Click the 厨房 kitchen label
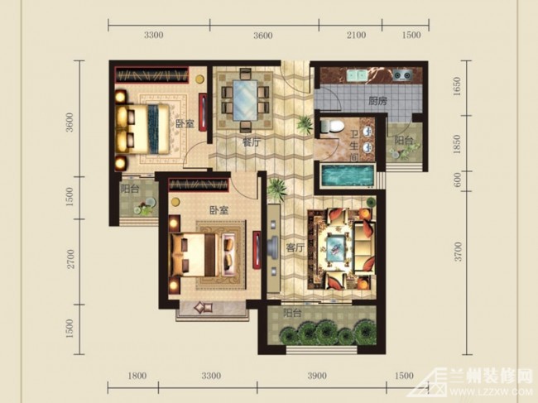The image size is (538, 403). (x=378, y=101)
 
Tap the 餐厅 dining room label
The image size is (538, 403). (x=252, y=142)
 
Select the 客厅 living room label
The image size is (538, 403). (x=295, y=247)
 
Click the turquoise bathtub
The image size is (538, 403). (x=347, y=175)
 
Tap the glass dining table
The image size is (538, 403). (x=245, y=100)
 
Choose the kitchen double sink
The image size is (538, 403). (x=357, y=75)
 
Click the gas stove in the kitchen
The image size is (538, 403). (x=402, y=74)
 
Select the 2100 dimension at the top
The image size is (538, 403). (x=356, y=35)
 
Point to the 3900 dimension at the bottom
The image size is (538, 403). (x=317, y=376)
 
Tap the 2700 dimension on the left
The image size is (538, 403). (x=70, y=259)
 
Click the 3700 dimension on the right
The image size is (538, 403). (x=458, y=252)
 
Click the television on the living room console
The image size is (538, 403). (x=273, y=247)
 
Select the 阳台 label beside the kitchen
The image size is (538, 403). (x=403, y=141)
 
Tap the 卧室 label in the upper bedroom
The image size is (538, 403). (x=185, y=124)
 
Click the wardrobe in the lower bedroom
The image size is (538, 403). (x=199, y=185)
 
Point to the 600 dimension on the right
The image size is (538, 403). (x=458, y=180)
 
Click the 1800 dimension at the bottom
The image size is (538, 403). (x=137, y=376)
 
